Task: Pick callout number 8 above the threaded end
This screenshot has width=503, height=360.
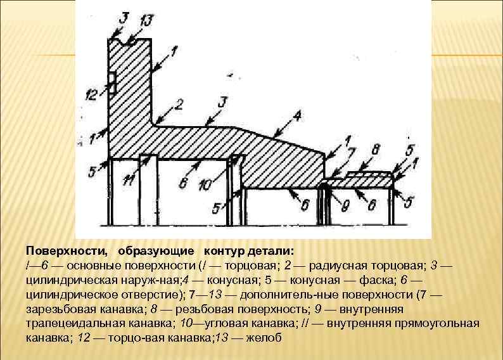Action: coord(375,150)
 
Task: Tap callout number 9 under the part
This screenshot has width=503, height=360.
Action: coord(346,206)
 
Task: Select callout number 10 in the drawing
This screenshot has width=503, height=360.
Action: coord(205,186)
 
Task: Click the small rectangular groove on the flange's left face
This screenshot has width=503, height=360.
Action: coord(112,81)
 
